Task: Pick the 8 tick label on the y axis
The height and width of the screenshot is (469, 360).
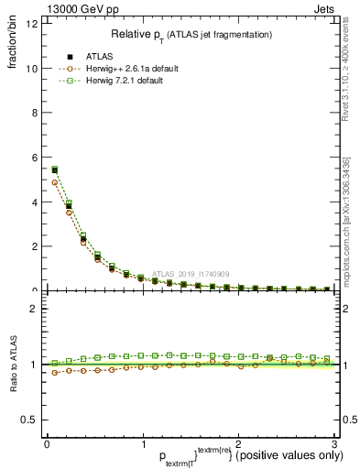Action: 34,114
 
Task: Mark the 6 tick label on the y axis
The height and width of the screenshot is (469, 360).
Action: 34,158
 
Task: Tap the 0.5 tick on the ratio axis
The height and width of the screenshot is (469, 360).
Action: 30,420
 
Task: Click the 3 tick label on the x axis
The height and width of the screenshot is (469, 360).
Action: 333,446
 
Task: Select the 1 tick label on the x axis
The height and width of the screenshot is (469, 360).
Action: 142,446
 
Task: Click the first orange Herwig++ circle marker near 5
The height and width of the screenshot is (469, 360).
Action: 54,182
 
